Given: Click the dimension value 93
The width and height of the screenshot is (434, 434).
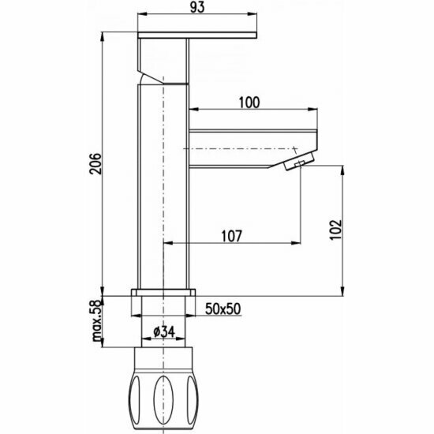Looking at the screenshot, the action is tap(197, 7).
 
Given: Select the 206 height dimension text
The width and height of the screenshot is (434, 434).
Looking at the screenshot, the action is tap(95, 163).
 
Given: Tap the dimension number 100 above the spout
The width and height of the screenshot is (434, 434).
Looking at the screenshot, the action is tap(249, 103).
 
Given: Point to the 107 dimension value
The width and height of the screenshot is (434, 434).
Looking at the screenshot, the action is tap(232, 236).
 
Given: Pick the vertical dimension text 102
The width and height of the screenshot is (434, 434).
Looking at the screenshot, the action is tap(336, 230).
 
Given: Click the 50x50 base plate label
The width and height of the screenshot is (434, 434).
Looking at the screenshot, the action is tap(223, 309).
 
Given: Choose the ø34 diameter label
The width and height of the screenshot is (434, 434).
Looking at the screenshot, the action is tap(164, 331).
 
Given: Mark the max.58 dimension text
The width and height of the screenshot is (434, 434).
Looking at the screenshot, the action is tap(97, 320).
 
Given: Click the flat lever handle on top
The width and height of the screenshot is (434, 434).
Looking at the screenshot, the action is tap(197, 36).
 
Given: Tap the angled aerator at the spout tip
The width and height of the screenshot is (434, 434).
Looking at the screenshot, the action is tap(300, 161).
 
